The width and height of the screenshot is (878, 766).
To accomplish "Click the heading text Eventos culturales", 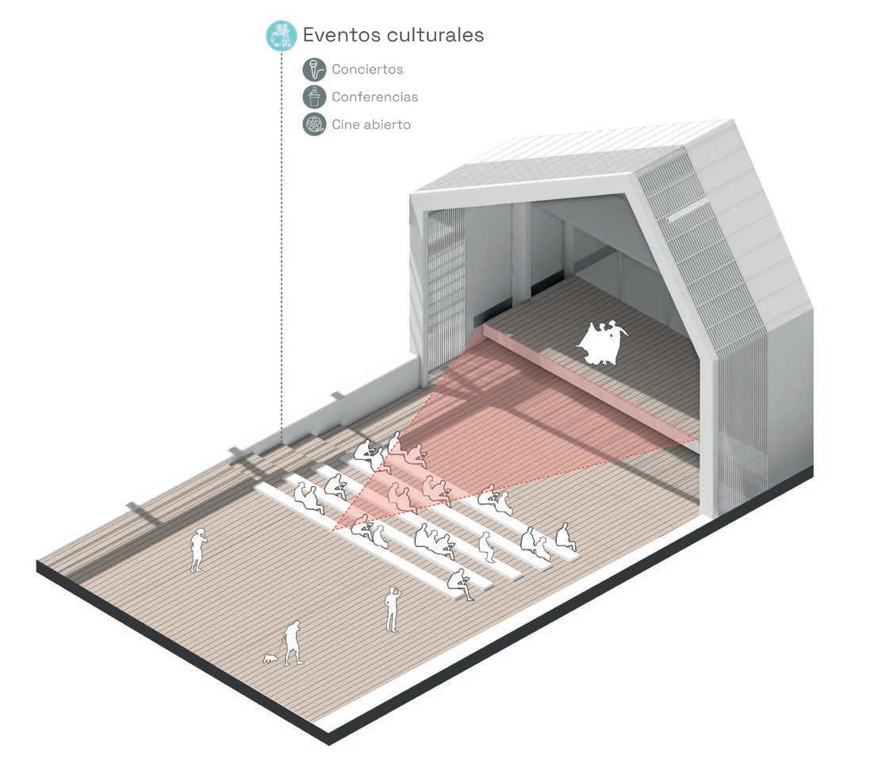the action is pyautogui.click(x=393, y=36).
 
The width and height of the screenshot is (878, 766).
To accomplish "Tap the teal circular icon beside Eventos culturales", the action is pyautogui.click(x=281, y=36).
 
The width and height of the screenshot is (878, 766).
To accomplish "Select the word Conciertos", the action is pyautogui.click(x=367, y=69).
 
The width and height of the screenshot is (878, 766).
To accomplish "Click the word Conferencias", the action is pyautogui.click(x=374, y=97).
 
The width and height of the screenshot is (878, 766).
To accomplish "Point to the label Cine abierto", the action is pyautogui.click(x=371, y=124).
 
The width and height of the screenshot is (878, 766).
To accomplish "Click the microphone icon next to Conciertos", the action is pyautogui.click(x=315, y=69).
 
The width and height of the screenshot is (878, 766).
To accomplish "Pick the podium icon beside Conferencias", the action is pyautogui.click(x=315, y=97).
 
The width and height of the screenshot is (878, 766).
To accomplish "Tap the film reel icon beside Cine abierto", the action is pyautogui.click(x=315, y=124).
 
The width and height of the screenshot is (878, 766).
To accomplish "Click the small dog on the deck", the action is pyautogui.click(x=271, y=657).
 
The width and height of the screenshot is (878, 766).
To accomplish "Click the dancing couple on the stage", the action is pyautogui.click(x=604, y=343).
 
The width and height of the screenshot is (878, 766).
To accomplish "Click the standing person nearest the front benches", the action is pyautogui.click(x=392, y=609).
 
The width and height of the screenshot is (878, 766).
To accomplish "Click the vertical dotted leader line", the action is pyautogui.click(x=282, y=238).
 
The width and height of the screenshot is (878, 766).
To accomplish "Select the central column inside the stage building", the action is pyautogui.click(x=521, y=254).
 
